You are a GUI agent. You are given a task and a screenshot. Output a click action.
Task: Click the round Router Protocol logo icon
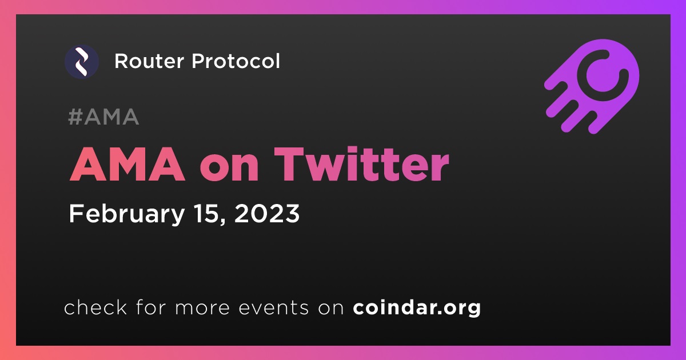82,62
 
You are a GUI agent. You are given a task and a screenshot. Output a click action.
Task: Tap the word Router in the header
149,61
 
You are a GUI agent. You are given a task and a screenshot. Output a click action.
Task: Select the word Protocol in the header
236,61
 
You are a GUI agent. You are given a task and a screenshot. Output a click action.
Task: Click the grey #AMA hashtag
103,117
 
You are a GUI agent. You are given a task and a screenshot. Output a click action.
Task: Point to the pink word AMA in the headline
127,165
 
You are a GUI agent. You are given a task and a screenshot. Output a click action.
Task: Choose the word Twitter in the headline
362,165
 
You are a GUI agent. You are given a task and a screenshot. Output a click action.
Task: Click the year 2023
267,214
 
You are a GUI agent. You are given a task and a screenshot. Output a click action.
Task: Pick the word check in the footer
95,307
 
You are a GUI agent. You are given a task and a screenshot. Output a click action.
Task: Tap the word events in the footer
273,309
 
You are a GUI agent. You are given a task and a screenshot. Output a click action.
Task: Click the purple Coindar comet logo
592,86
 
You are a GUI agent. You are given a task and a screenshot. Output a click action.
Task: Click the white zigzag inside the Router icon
82,62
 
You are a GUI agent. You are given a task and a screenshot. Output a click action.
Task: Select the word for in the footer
151,307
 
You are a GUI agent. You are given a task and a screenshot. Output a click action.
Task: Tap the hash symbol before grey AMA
75,117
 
